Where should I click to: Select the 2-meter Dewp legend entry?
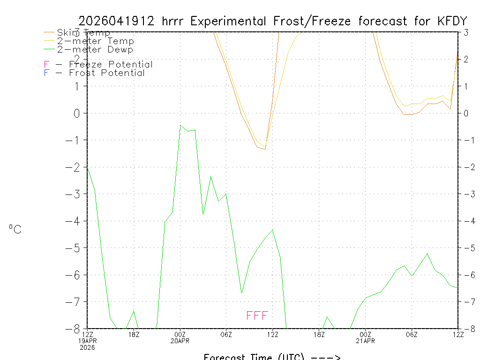(95, 49)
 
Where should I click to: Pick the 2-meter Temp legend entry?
(95, 41)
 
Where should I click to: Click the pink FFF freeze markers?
(257, 315)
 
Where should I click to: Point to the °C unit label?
(15, 229)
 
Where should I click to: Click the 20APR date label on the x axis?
(180, 341)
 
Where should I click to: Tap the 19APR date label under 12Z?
(87, 341)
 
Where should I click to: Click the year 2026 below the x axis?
(87, 347)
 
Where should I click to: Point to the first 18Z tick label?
(134, 334)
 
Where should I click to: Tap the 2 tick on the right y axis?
(465, 59)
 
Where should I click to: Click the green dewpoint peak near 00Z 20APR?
(180, 125)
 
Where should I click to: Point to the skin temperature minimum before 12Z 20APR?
(265, 149)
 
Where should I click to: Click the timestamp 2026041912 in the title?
(117, 21)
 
